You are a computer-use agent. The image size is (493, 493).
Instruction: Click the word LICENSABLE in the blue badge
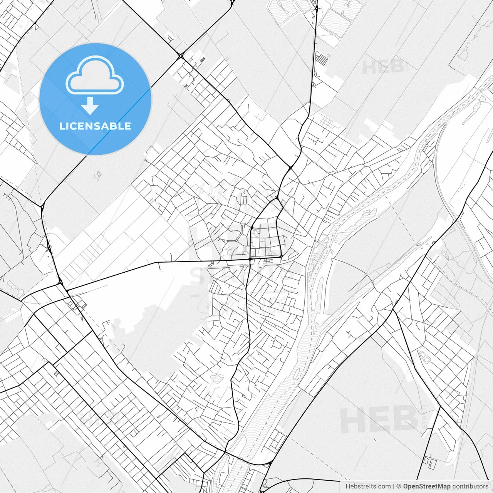(95, 126)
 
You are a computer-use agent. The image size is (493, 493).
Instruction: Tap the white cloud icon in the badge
(95, 75)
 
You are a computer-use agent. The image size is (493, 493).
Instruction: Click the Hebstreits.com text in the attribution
(368, 486)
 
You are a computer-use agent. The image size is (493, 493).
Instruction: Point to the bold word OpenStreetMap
(426, 486)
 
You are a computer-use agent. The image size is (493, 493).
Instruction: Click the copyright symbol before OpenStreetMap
(399, 486)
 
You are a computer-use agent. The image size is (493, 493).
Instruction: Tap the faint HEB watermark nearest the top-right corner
(383, 67)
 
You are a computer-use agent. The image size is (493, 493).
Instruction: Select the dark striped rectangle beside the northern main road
(203, 59)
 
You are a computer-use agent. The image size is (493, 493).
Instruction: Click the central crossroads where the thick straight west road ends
(250, 260)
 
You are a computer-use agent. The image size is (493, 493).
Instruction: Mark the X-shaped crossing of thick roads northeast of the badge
(181, 56)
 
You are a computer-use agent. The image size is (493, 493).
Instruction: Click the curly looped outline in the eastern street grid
(424, 357)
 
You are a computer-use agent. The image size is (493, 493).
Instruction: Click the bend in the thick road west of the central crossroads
(156, 263)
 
